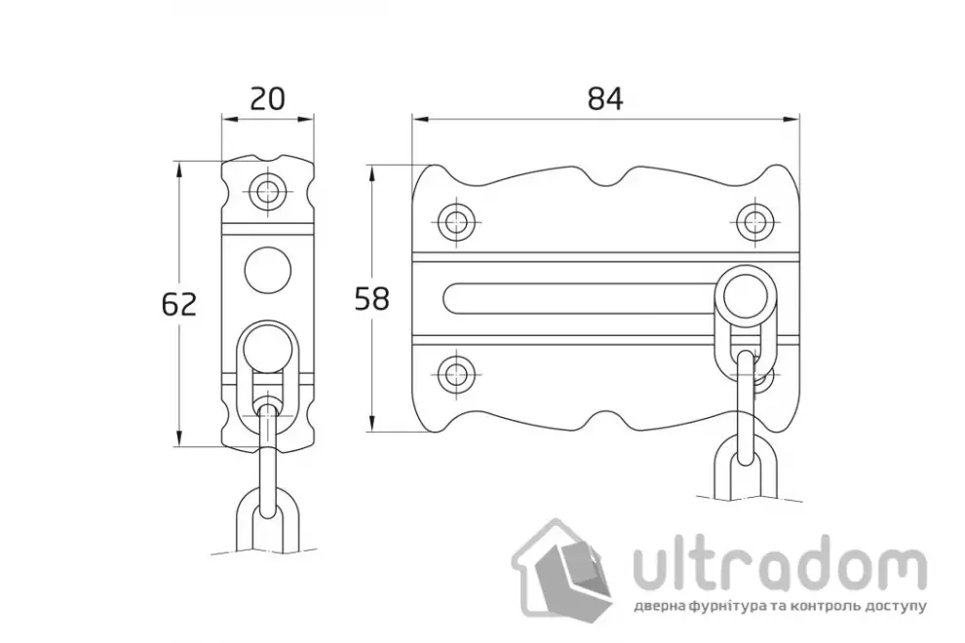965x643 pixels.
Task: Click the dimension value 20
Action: pyautogui.click(x=268, y=98)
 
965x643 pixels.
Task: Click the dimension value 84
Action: pyautogui.click(x=605, y=98)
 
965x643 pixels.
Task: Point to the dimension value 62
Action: pyautogui.click(x=179, y=305)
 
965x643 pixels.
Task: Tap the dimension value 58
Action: pyautogui.click(x=372, y=299)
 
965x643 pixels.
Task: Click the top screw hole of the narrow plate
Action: pyautogui.click(x=268, y=191)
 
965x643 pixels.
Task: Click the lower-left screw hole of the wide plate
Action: pyautogui.click(x=456, y=371)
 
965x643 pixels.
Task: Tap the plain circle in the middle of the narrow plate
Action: pyautogui.click(x=268, y=270)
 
